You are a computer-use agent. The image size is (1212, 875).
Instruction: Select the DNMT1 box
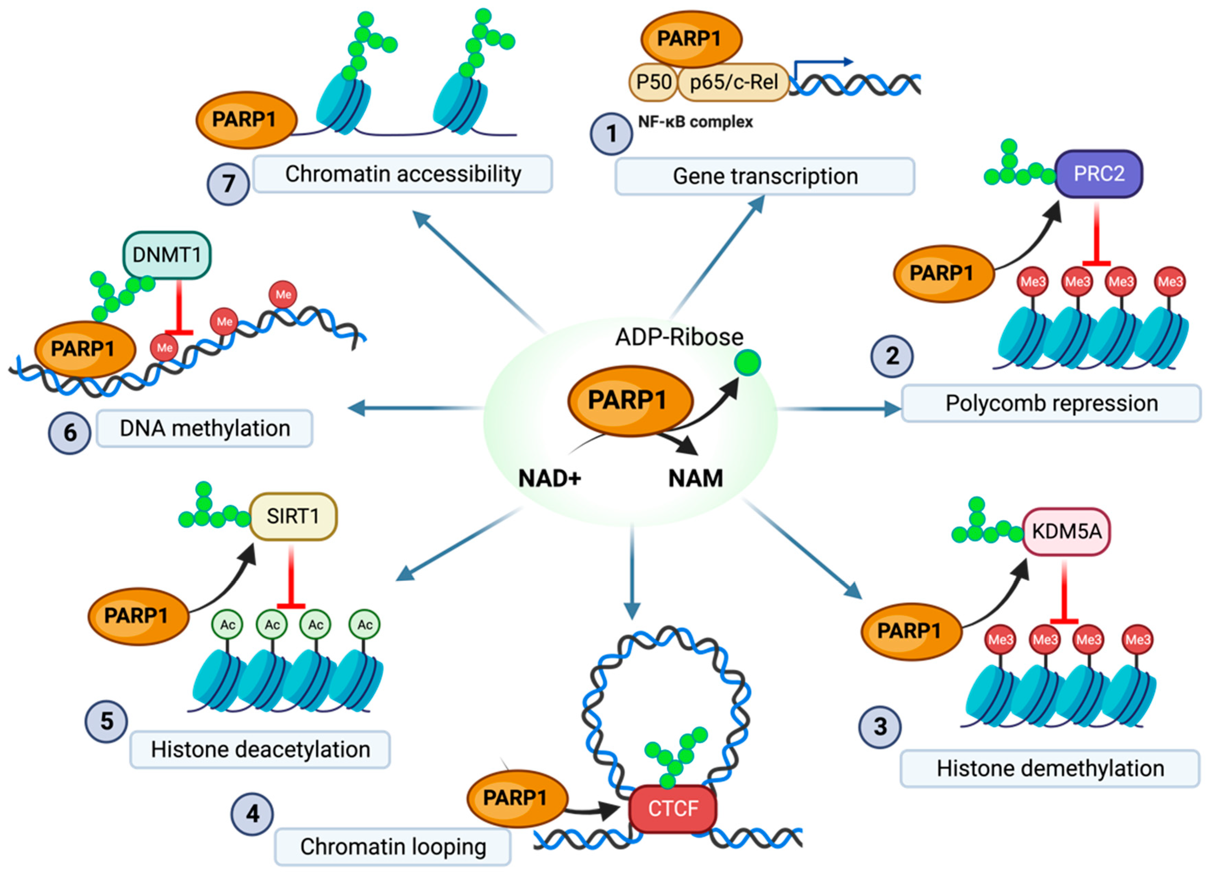[167, 255]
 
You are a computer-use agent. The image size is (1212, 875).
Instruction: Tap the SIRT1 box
[293, 516]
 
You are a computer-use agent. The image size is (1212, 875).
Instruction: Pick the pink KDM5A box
[1066, 531]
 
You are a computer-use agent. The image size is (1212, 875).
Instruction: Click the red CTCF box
[673, 808]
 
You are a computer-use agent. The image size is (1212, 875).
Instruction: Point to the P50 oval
[653, 82]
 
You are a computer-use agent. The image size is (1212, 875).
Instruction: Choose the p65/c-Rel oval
[733, 82]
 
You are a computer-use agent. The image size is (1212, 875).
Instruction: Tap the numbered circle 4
[252, 813]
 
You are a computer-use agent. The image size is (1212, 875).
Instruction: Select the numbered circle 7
[228, 184]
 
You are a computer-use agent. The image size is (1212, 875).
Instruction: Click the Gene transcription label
[765, 177]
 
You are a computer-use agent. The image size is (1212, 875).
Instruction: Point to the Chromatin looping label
[393, 846]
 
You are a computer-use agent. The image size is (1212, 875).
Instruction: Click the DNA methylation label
[205, 428]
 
